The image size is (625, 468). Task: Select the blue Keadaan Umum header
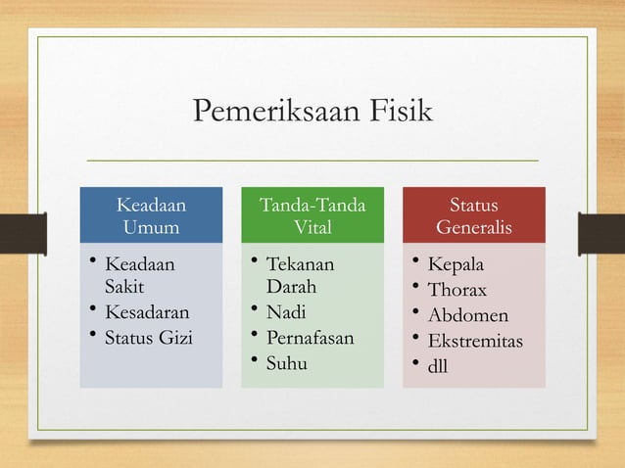coord(151,216)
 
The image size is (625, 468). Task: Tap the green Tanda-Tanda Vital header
coord(312,216)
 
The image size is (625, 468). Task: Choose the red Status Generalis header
coord(473,216)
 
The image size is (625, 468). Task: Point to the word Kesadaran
coord(147,314)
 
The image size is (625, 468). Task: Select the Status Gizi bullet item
coord(149,339)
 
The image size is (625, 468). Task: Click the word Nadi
coord(285,314)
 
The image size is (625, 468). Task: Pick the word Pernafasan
coord(311,339)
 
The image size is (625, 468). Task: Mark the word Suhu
coord(287,364)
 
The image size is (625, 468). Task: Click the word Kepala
coord(456,266)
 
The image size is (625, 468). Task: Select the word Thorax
coord(457,291)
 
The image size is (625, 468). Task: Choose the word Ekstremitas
coord(475,342)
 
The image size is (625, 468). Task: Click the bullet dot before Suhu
coord(254,364)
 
